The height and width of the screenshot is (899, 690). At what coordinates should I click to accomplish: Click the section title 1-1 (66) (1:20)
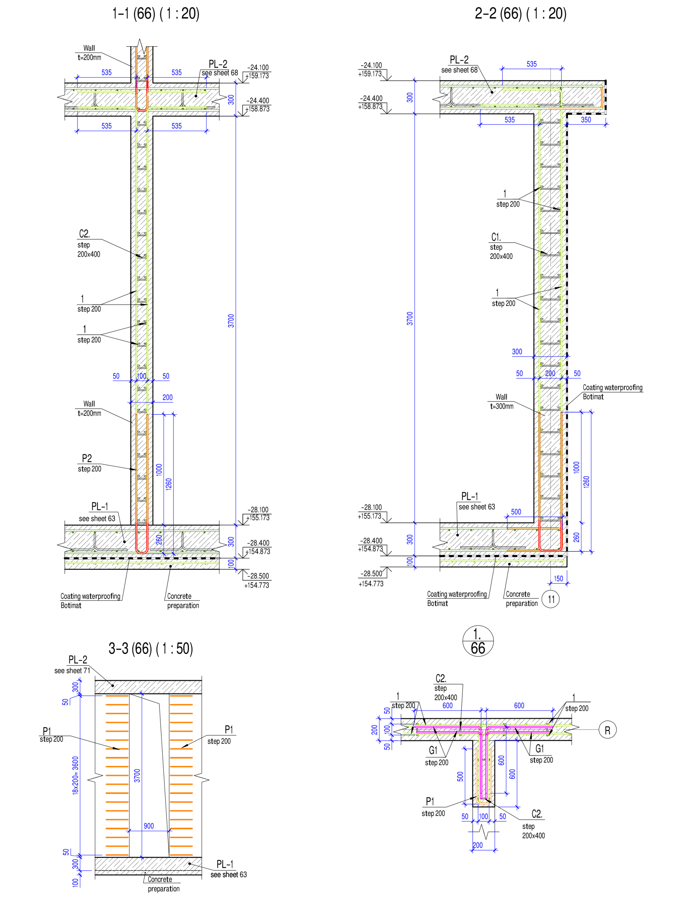click(x=156, y=14)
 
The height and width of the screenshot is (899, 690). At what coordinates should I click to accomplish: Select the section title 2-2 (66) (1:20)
click(x=520, y=14)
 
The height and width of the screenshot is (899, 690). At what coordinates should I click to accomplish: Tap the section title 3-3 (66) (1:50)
click(x=150, y=649)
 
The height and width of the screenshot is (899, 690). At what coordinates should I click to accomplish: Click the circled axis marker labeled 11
click(x=550, y=599)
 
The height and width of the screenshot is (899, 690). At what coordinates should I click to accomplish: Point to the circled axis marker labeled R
click(x=607, y=730)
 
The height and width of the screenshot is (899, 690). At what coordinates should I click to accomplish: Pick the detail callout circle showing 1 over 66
click(x=478, y=642)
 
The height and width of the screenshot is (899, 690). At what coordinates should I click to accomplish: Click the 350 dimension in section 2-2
click(x=586, y=119)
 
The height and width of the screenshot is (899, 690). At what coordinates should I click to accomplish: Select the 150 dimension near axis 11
click(x=558, y=578)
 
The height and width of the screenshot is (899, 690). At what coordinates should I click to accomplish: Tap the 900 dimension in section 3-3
click(x=149, y=826)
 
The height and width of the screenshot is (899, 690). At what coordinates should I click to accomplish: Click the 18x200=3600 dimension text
click(x=75, y=775)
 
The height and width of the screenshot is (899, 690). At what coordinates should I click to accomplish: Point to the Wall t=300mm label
click(x=501, y=402)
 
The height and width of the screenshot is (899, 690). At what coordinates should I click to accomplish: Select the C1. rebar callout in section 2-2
click(x=496, y=237)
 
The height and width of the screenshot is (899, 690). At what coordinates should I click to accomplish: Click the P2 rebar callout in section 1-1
click(x=87, y=458)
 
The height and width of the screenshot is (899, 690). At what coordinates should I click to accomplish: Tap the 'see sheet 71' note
click(x=72, y=671)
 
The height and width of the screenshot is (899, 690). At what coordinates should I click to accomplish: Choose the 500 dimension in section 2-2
click(x=516, y=512)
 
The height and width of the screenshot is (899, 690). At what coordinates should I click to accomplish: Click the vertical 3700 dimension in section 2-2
click(x=410, y=318)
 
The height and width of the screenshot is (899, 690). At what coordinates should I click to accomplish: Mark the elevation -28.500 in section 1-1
click(x=258, y=576)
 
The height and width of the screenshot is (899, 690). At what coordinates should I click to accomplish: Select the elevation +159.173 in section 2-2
click(x=370, y=74)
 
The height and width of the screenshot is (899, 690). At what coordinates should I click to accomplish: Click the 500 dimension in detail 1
click(x=460, y=776)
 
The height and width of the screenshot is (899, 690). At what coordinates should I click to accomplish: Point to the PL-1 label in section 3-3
click(x=225, y=864)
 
